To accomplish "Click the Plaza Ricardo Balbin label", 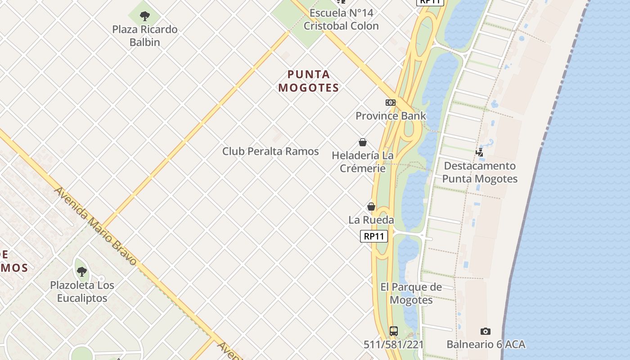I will coord(145,36).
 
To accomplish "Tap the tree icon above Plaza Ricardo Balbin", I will coord(145,17).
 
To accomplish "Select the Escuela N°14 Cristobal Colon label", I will coord(341,19).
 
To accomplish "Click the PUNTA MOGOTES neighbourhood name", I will coord(309,81).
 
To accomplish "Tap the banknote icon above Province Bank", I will coord(391,103).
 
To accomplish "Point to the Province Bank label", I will coord(391,116).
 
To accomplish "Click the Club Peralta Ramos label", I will coord(270,151).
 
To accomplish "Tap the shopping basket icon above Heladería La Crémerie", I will coord(363,142).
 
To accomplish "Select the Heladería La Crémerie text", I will coord(363,162).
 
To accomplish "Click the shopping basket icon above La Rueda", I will coord(371,207).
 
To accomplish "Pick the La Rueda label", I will coord(371,220).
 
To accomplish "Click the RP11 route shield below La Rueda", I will coord(374,236).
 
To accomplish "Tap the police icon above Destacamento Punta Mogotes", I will coord(480,153).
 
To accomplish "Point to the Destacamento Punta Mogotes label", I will coord(480,172).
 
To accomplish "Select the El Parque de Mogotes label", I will coord(411,293).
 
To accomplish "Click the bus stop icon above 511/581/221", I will coord(394,331).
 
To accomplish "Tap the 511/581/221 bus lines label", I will coord(394,345).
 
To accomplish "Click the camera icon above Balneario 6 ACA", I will coord(486,331).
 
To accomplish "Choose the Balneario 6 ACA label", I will coord(486,345).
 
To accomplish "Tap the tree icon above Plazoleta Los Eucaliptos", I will coord(82,271).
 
